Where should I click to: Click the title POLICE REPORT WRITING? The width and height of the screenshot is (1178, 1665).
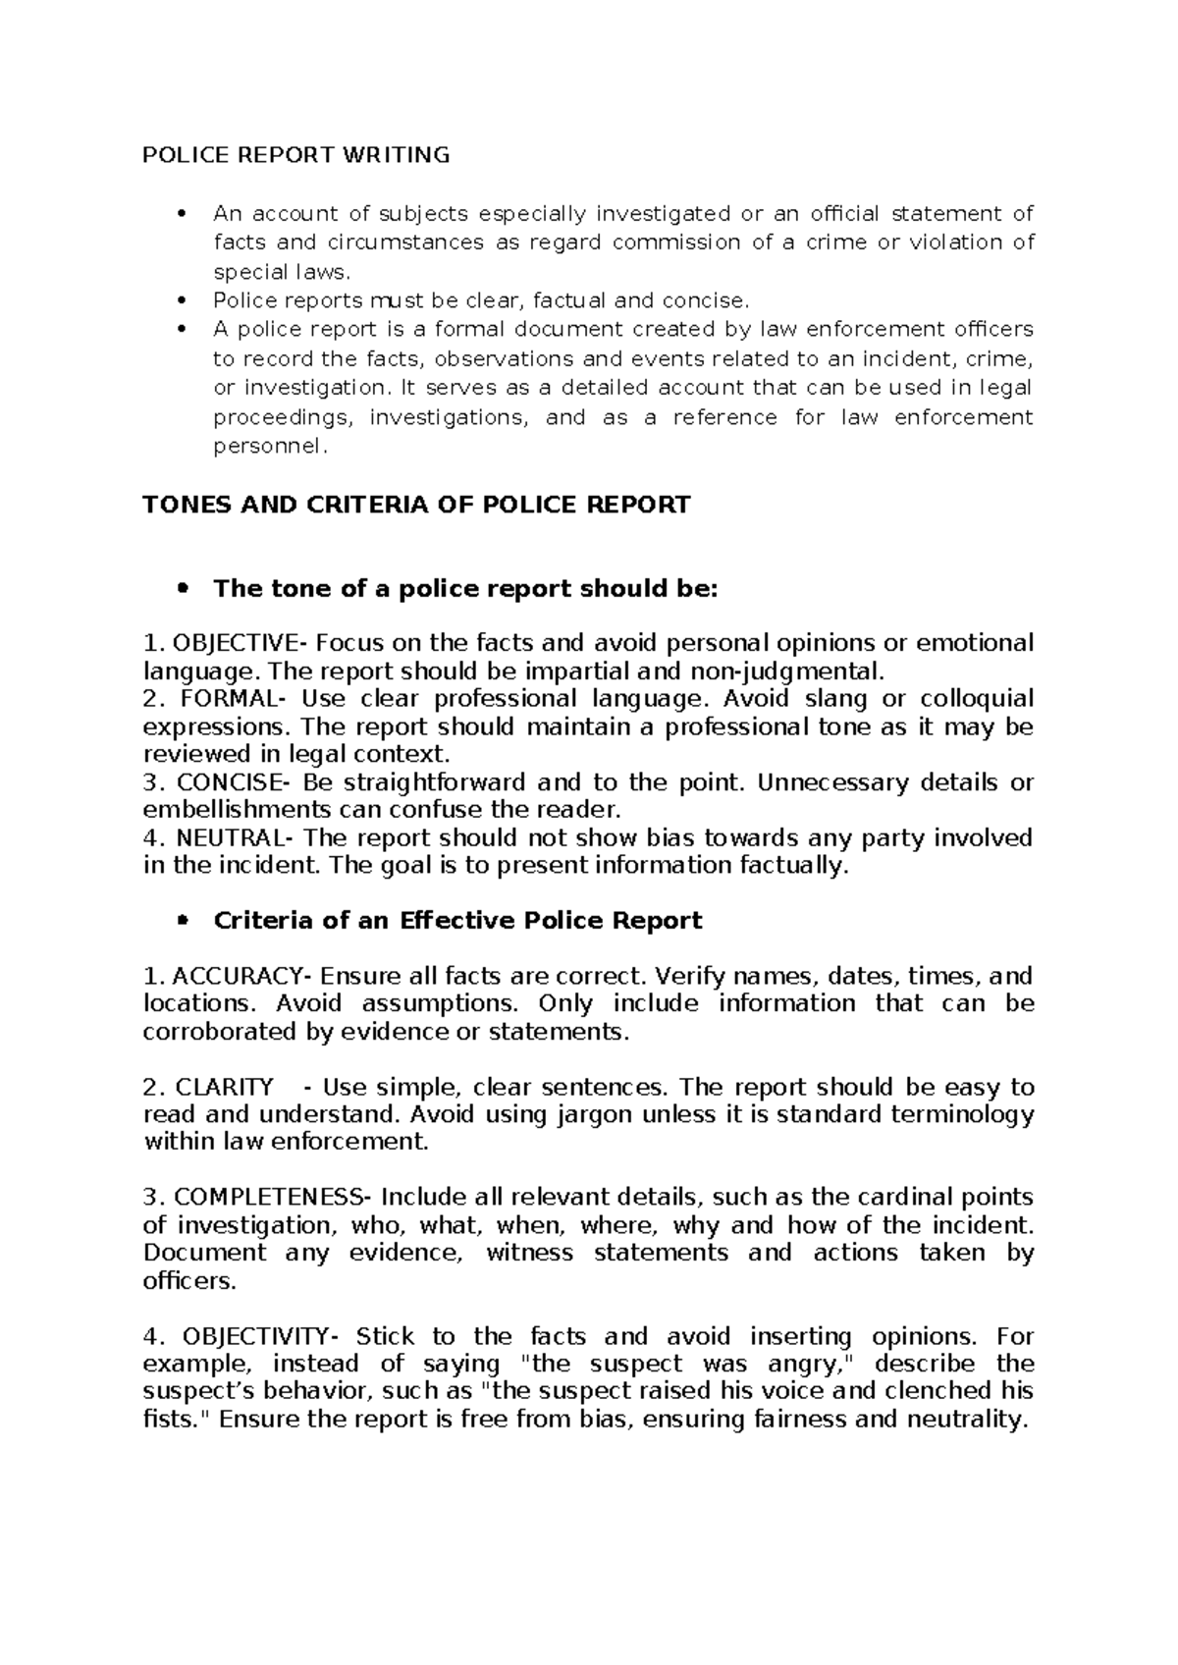[x=296, y=155]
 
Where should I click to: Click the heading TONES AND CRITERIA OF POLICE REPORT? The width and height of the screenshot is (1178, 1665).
[x=416, y=505]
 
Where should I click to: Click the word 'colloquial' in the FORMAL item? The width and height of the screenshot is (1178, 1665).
[x=977, y=699]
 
